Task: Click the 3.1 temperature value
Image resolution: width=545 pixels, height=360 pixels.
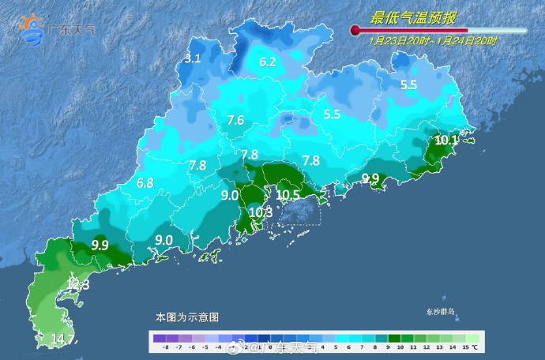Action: click(x=193, y=58)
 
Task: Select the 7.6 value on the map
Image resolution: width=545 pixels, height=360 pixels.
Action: click(x=235, y=121)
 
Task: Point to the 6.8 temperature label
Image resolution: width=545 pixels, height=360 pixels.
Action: click(x=145, y=183)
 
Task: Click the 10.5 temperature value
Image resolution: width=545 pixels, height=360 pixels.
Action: click(x=288, y=195)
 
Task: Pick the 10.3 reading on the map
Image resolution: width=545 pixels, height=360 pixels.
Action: click(x=261, y=212)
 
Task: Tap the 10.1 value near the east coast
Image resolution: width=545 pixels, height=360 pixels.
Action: click(x=447, y=141)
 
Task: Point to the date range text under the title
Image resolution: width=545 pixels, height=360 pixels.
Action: click(x=432, y=40)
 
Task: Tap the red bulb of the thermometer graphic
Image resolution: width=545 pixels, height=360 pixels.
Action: click(x=355, y=31)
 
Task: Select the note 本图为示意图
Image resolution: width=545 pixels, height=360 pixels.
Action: click(x=187, y=317)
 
